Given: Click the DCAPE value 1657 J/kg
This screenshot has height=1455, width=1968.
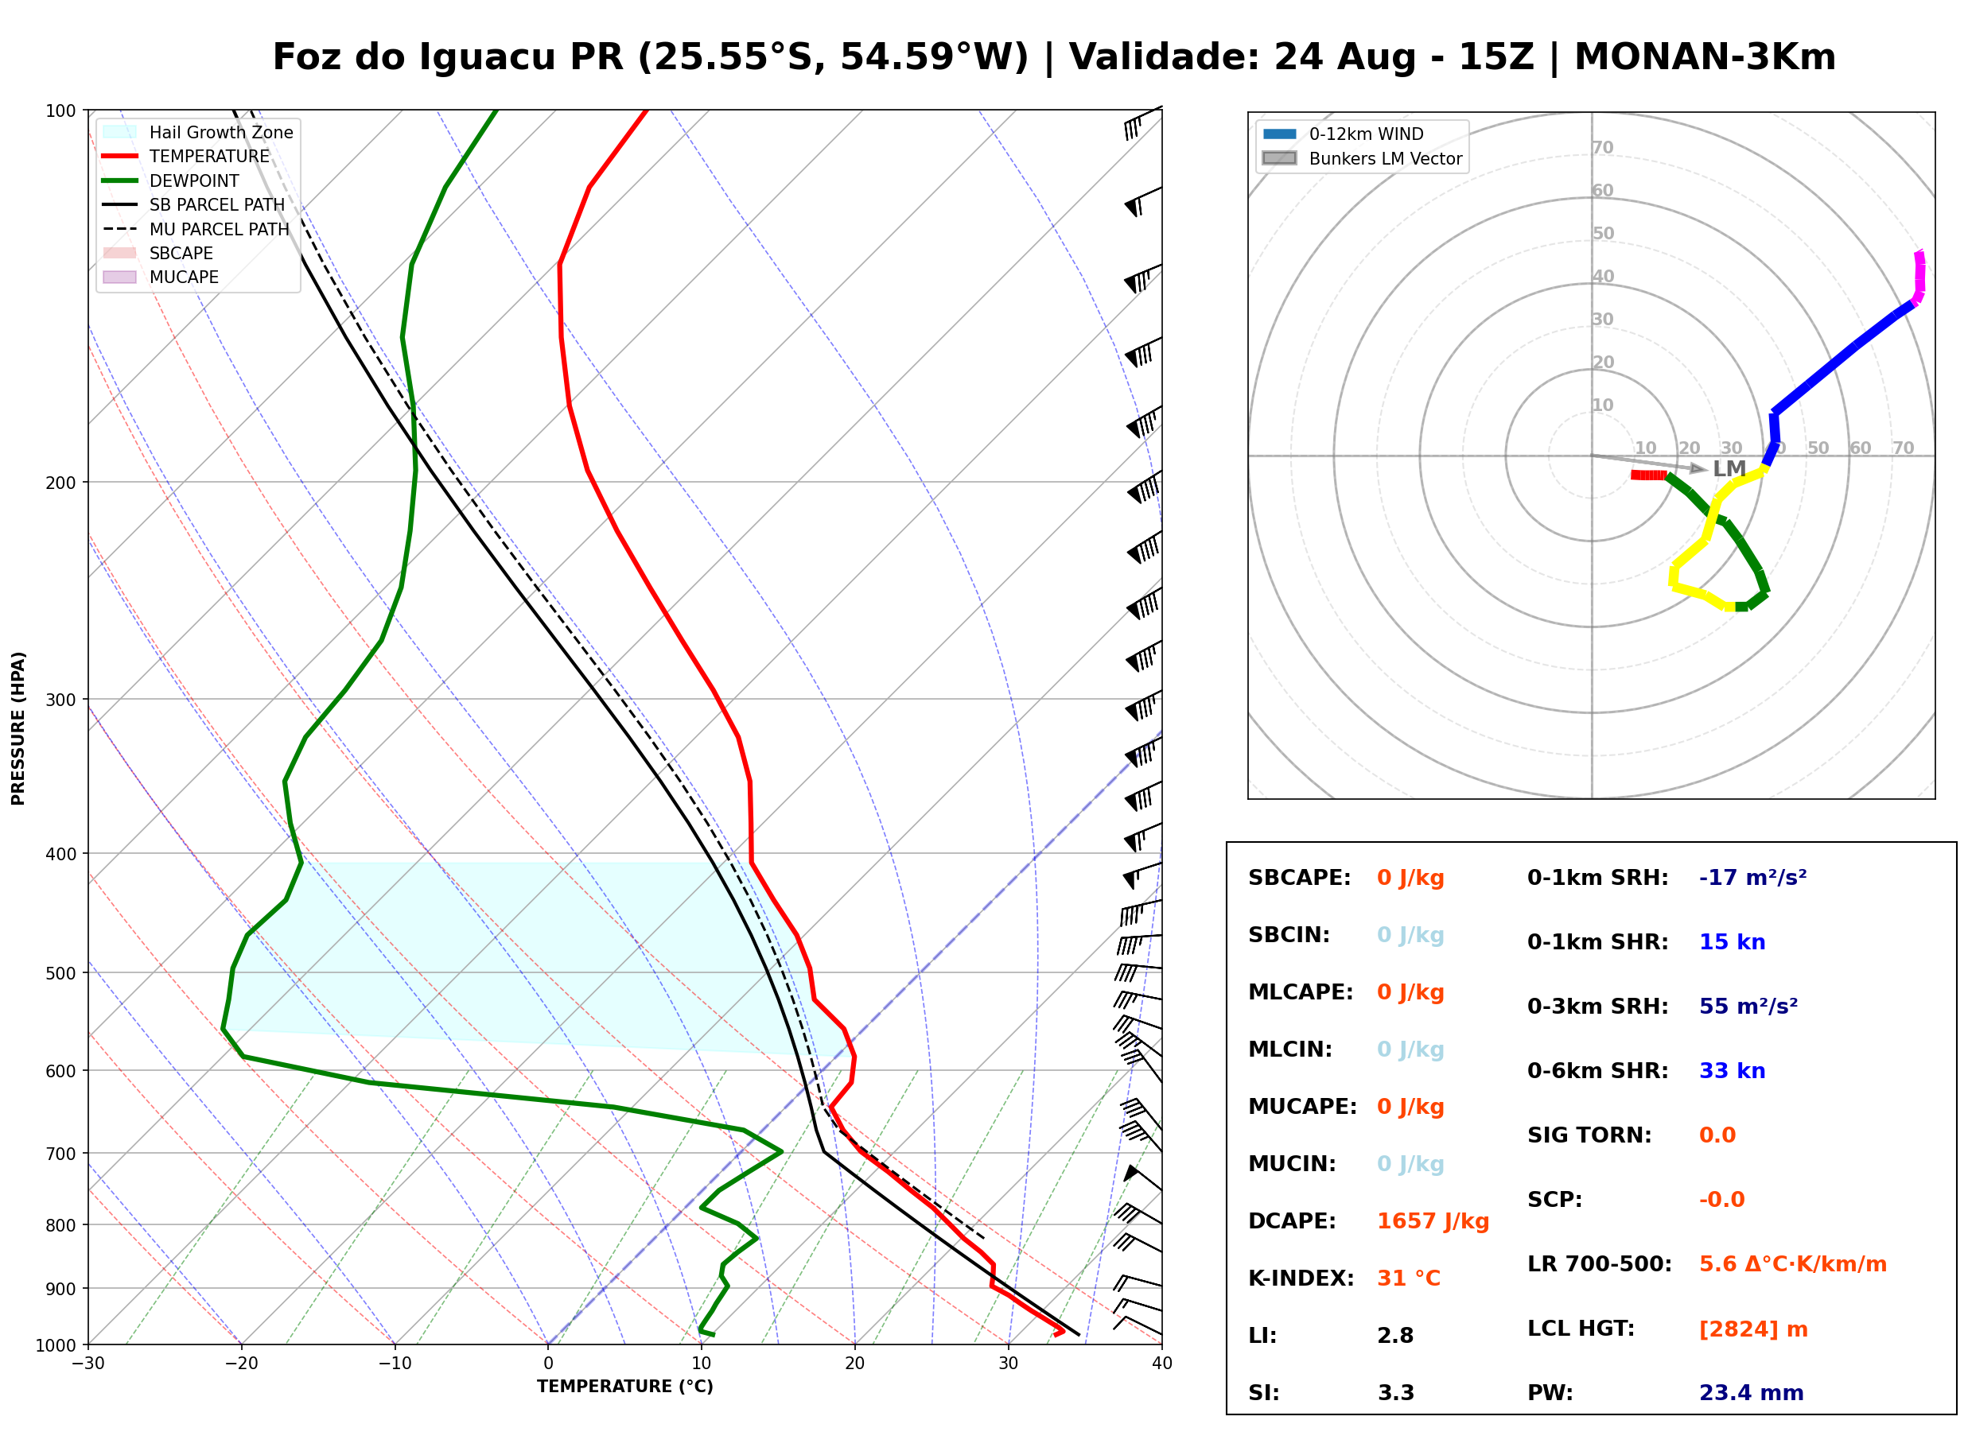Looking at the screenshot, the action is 1433,1221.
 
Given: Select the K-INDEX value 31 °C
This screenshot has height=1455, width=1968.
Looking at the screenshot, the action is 1409,1278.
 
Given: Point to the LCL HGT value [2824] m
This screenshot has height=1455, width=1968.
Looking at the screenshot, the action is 1753,1329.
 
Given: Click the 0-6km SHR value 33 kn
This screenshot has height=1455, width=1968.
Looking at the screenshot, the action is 1732,1071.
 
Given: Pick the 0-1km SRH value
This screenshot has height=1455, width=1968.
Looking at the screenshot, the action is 1752,878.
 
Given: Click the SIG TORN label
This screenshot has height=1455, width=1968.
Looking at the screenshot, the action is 1589,1135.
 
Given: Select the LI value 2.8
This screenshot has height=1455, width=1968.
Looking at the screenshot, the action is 1395,1336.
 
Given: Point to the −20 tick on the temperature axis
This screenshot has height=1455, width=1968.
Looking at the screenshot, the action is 241,1364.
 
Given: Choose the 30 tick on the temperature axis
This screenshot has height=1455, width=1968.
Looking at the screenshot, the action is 1009,1364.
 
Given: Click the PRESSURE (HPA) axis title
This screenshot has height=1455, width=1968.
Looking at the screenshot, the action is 18,728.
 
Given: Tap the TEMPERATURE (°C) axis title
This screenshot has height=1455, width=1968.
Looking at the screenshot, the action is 625,1387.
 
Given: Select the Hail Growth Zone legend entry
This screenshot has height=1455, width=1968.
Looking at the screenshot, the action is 199,133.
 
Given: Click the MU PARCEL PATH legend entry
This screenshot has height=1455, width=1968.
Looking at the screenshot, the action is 196,229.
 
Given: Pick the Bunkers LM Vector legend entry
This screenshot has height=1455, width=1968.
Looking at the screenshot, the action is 1363,158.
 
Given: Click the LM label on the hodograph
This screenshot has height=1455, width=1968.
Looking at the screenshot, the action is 1729,468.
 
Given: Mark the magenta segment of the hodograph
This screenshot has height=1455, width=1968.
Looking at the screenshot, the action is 1919,277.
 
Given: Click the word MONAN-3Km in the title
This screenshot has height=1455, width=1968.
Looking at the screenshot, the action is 1705,56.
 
